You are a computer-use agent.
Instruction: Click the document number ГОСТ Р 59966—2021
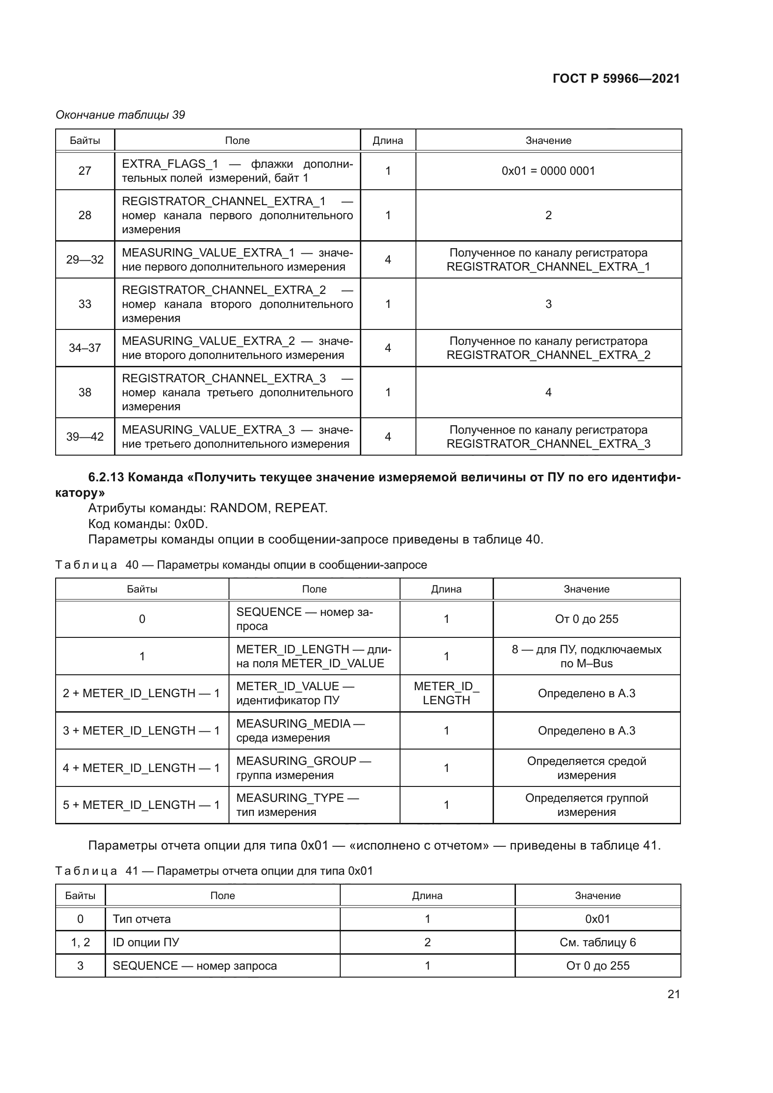coord(616,79)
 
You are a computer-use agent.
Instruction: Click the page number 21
coord(673,994)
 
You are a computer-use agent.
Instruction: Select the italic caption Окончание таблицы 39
coord(120,115)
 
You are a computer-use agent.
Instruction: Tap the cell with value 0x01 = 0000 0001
coord(548,171)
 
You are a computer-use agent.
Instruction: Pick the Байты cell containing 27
coord(85,171)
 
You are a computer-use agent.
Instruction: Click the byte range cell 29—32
coord(85,259)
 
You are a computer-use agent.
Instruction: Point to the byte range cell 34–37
coord(85,348)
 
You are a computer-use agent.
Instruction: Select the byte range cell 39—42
coord(85,436)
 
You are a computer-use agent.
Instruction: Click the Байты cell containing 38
coord(85,392)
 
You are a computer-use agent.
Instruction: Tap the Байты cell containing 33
coord(85,304)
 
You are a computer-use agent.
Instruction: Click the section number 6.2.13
coord(106,478)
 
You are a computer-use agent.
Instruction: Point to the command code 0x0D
coord(190,524)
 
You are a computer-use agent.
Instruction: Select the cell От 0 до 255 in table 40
coord(586,619)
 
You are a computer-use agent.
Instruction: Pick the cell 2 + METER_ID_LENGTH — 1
coord(141,693)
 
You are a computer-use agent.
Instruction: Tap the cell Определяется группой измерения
coord(586,805)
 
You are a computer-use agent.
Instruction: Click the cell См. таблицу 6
coord(597,942)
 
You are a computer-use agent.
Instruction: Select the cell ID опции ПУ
coord(146,942)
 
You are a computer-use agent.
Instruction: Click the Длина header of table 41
coord(427,895)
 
